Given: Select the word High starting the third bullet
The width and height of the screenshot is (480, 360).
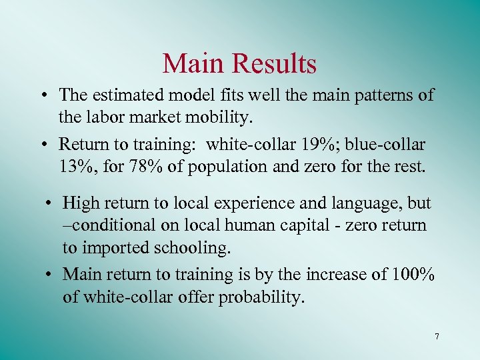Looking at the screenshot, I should [82, 203].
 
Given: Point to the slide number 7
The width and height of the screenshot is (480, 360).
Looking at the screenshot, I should [437, 337].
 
